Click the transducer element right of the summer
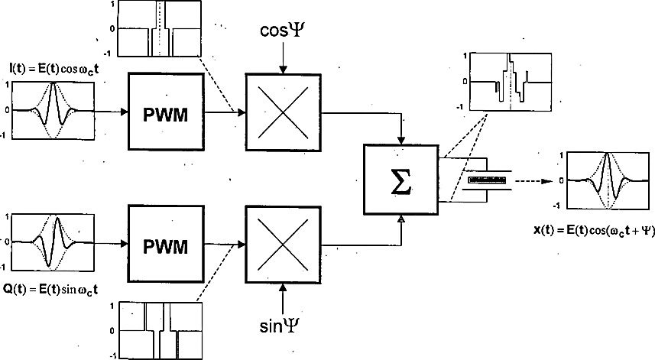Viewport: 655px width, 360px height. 487,180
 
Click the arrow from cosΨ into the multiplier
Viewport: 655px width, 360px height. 284,61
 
